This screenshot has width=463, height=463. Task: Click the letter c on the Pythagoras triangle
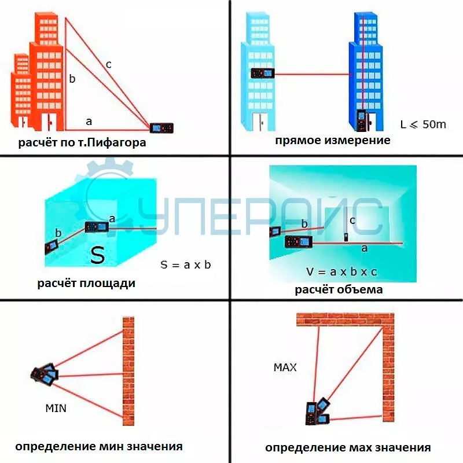point(109,65)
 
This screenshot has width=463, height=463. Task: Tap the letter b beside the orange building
point(72,79)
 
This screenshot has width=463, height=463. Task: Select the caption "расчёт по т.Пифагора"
point(82,142)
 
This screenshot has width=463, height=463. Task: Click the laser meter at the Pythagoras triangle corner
point(161,128)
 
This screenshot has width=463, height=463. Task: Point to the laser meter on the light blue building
point(263,73)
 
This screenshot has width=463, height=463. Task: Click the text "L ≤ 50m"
point(423,124)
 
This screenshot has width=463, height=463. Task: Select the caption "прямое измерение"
point(332,140)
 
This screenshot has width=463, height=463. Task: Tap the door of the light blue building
point(260,122)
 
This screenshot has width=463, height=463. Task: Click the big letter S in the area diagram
point(97,255)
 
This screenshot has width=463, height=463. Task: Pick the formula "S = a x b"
point(186,265)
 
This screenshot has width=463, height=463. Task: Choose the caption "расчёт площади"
point(86,283)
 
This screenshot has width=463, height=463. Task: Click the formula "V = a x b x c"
point(341,271)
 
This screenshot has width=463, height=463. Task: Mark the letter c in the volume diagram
point(352,221)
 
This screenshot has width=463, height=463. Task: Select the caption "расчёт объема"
point(339,289)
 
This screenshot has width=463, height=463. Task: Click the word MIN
point(56,409)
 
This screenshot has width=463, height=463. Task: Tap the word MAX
point(285,368)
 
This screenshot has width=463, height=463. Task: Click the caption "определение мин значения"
point(98,446)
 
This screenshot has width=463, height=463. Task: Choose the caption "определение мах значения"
point(348,447)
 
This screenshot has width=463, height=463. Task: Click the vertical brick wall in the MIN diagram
point(128,371)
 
